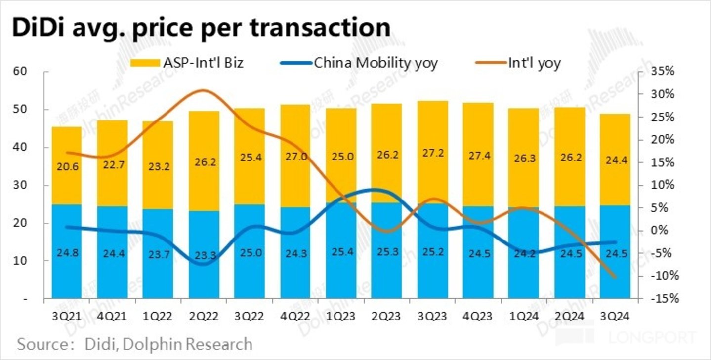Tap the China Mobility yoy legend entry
tap(359, 63)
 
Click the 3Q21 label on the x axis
tap(66, 317)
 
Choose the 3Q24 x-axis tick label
tap(615, 317)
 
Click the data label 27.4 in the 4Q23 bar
tap(478, 157)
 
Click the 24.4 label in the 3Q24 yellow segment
tap(616, 160)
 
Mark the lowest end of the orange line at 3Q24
tap(615, 277)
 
